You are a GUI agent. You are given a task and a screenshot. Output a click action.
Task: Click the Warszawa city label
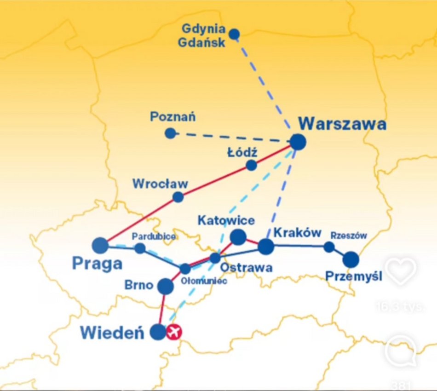click(x=342, y=124)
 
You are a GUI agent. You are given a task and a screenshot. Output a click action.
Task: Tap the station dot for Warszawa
click(x=298, y=142)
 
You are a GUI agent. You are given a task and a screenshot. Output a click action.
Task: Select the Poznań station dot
click(x=170, y=133)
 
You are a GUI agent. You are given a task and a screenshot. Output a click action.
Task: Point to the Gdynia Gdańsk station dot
click(x=234, y=34)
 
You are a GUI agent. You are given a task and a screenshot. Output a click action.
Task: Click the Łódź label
click(x=242, y=152)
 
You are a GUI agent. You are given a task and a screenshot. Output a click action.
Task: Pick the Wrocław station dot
click(x=178, y=197)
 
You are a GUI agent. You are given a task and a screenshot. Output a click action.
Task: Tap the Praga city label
click(x=97, y=264)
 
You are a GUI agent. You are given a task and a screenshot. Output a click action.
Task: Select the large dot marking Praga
click(x=100, y=245)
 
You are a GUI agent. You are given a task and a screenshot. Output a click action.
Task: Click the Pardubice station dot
click(x=140, y=248)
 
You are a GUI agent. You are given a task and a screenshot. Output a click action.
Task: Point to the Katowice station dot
click(x=238, y=237)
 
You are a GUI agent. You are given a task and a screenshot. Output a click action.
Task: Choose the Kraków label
click(x=297, y=233)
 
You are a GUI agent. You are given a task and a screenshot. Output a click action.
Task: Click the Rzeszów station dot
click(x=329, y=247)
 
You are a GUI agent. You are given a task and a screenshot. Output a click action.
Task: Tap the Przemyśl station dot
click(x=351, y=259)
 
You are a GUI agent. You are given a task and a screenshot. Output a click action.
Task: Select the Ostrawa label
click(x=246, y=267)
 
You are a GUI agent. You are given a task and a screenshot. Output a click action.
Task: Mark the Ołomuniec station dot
click(x=184, y=269)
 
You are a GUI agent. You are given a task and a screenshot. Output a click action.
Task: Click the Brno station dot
click(x=166, y=286)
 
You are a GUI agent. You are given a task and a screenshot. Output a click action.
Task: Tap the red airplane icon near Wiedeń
click(x=173, y=332)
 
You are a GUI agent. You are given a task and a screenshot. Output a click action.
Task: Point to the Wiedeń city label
click(x=112, y=333)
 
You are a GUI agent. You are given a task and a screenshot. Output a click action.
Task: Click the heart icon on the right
click(x=401, y=271)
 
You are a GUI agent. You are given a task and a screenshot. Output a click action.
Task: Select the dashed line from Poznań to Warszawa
click(x=230, y=138)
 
